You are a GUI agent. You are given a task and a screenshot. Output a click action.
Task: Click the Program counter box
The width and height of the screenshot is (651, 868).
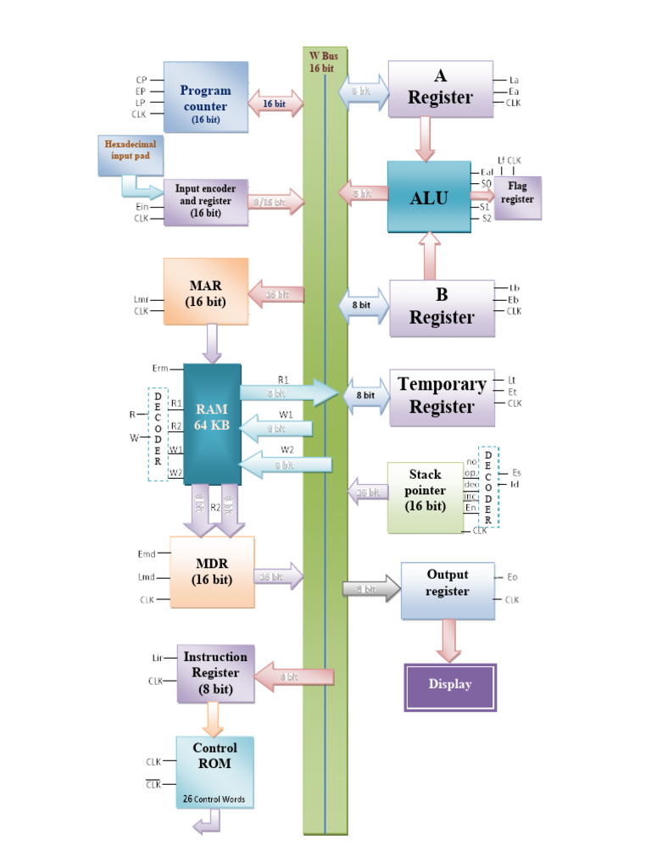click(x=205, y=97)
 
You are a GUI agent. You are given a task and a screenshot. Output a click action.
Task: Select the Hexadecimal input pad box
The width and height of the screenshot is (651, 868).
click(x=130, y=155)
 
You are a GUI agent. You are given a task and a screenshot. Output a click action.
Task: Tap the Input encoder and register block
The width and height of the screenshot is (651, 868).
click(x=206, y=202)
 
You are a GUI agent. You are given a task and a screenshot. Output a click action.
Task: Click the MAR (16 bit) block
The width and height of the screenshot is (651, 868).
click(x=205, y=292)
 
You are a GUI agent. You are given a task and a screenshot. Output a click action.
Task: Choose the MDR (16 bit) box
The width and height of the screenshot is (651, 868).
click(x=212, y=571)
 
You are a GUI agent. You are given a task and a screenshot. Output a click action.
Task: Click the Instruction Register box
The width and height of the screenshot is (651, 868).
click(x=215, y=673)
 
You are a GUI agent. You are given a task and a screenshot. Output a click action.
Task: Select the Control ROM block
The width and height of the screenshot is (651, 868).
click(x=214, y=771)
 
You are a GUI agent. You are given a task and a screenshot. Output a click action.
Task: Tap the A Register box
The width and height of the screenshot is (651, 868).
click(x=440, y=88)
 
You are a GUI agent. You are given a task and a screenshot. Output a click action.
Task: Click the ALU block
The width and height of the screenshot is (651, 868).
click(x=428, y=197)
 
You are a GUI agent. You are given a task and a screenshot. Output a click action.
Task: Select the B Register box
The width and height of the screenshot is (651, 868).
click(x=441, y=306)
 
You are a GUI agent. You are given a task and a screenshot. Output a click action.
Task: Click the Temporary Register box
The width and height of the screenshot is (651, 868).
click(x=442, y=396)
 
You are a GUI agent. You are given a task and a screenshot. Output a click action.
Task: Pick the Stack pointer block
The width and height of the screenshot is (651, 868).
click(x=425, y=497)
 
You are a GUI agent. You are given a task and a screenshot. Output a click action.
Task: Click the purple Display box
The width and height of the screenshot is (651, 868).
click(x=449, y=686)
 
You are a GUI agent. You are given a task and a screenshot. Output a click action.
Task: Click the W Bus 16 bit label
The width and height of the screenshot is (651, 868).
click(x=323, y=62)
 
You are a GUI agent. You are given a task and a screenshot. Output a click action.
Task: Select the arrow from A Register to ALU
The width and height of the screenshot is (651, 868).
click(x=425, y=138)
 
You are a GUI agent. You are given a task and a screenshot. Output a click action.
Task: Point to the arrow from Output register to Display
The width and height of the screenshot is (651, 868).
click(x=448, y=640)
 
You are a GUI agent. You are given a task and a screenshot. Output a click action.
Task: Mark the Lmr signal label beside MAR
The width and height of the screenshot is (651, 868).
click(x=141, y=298)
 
